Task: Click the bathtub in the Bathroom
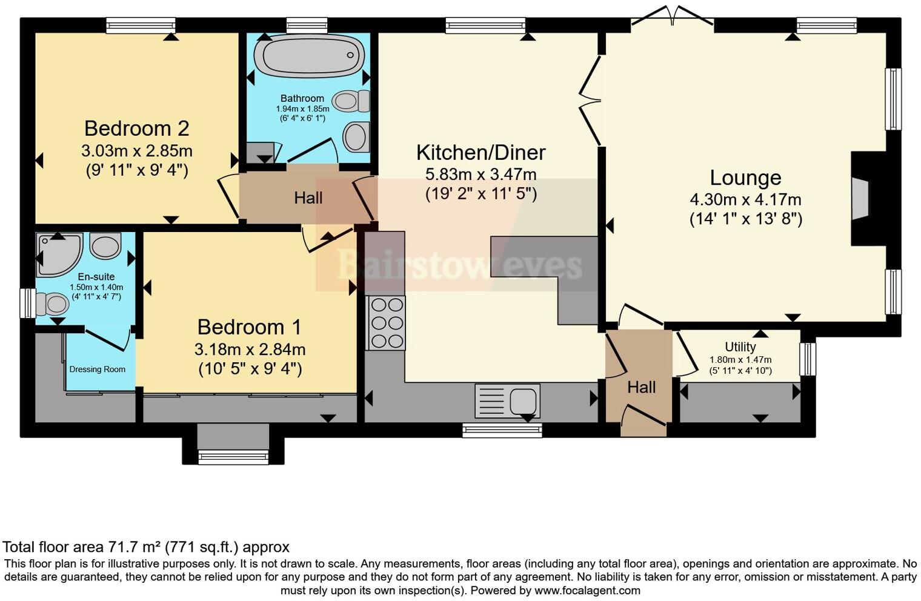point(309,56)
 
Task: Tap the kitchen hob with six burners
point(386,323)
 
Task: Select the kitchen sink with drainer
point(507,400)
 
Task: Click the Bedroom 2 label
point(136,128)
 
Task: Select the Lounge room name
point(745,178)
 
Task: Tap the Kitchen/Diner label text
point(480,153)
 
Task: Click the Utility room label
point(740,347)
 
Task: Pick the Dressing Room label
point(98,370)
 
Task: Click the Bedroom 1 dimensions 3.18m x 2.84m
point(250,350)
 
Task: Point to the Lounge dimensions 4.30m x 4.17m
point(745,199)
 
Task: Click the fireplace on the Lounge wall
point(860,199)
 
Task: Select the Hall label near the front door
point(641,387)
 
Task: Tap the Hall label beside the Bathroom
point(308,198)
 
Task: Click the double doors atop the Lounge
point(672,17)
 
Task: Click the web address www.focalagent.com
point(586,590)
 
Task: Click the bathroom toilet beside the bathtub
point(351,101)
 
